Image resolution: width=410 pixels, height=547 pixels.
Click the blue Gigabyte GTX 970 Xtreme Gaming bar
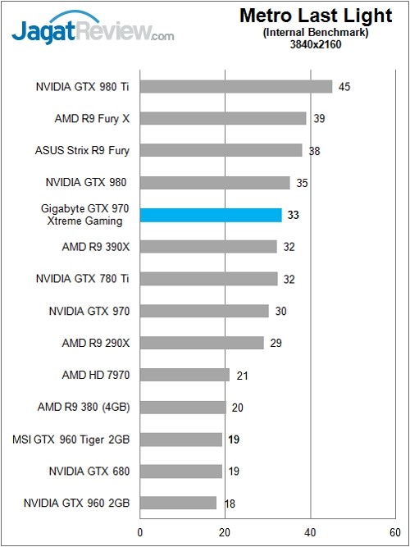click(211, 215)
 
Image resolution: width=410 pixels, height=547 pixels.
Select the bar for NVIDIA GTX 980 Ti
click(236, 86)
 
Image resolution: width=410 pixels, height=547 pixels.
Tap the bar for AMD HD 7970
click(184, 375)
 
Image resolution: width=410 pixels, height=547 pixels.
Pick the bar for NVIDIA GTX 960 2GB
click(178, 503)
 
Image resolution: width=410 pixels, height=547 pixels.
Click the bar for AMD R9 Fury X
click(223, 118)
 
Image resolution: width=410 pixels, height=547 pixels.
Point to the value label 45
click(344, 86)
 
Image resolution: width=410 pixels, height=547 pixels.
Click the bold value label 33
click(294, 215)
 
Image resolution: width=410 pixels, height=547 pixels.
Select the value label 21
click(242, 375)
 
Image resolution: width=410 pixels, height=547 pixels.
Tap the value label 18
click(230, 503)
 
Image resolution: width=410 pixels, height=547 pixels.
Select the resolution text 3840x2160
click(316, 44)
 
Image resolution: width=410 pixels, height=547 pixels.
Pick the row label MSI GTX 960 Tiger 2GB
click(82, 439)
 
